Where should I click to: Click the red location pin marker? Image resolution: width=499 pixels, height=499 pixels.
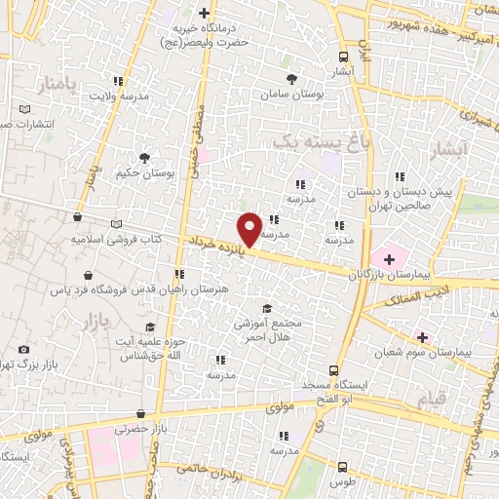pyautogui.click(x=249, y=229)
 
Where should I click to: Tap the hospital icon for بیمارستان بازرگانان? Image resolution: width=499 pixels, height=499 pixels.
pyautogui.click(x=389, y=259)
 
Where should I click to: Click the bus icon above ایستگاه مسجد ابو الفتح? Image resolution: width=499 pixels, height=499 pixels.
pyautogui.click(x=334, y=370)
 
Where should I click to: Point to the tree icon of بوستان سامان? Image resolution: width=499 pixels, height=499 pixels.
pyautogui.click(x=290, y=79)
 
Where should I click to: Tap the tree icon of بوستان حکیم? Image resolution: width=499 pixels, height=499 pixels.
pyautogui.click(x=144, y=157)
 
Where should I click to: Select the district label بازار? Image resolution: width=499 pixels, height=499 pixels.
pyautogui.click(x=88, y=321)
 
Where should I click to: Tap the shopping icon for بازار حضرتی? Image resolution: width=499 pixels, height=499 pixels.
pyautogui.click(x=142, y=413)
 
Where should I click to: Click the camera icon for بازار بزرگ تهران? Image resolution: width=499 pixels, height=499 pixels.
pyautogui.click(x=23, y=349)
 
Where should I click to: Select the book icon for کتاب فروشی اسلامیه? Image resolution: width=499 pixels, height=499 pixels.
pyautogui.click(x=116, y=223)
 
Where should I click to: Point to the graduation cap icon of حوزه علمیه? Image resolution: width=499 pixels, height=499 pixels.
pyautogui.click(x=149, y=326)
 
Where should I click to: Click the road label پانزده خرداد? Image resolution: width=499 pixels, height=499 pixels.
pyautogui.click(x=214, y=240)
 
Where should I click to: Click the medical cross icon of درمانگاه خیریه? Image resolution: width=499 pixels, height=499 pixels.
pyautogui.click(x=204, y=13)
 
